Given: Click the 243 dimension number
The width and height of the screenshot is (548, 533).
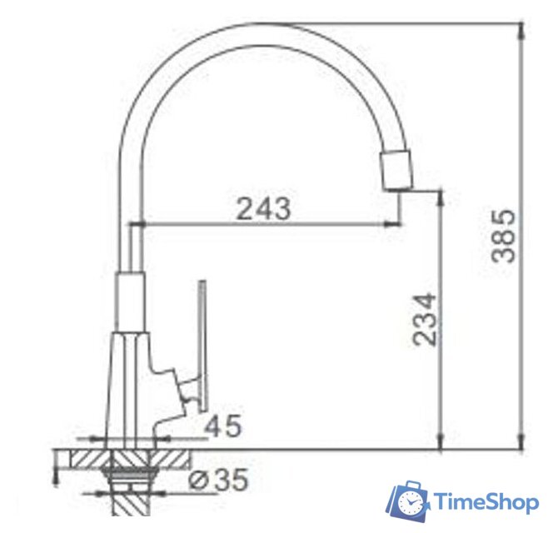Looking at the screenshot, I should coord(263,208).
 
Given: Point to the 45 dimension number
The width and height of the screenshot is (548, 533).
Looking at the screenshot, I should coord(223,426).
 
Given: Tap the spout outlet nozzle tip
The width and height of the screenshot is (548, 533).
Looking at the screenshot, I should coord(396,171).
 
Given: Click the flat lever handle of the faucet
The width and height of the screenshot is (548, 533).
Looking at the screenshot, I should coord(202,341).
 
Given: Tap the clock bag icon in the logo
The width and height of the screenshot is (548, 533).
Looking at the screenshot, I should coord(407,501).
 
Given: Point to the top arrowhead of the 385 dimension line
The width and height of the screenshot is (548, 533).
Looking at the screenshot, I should coord(522,29).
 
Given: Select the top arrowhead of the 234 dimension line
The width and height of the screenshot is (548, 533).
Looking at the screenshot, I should coord(439,197).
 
